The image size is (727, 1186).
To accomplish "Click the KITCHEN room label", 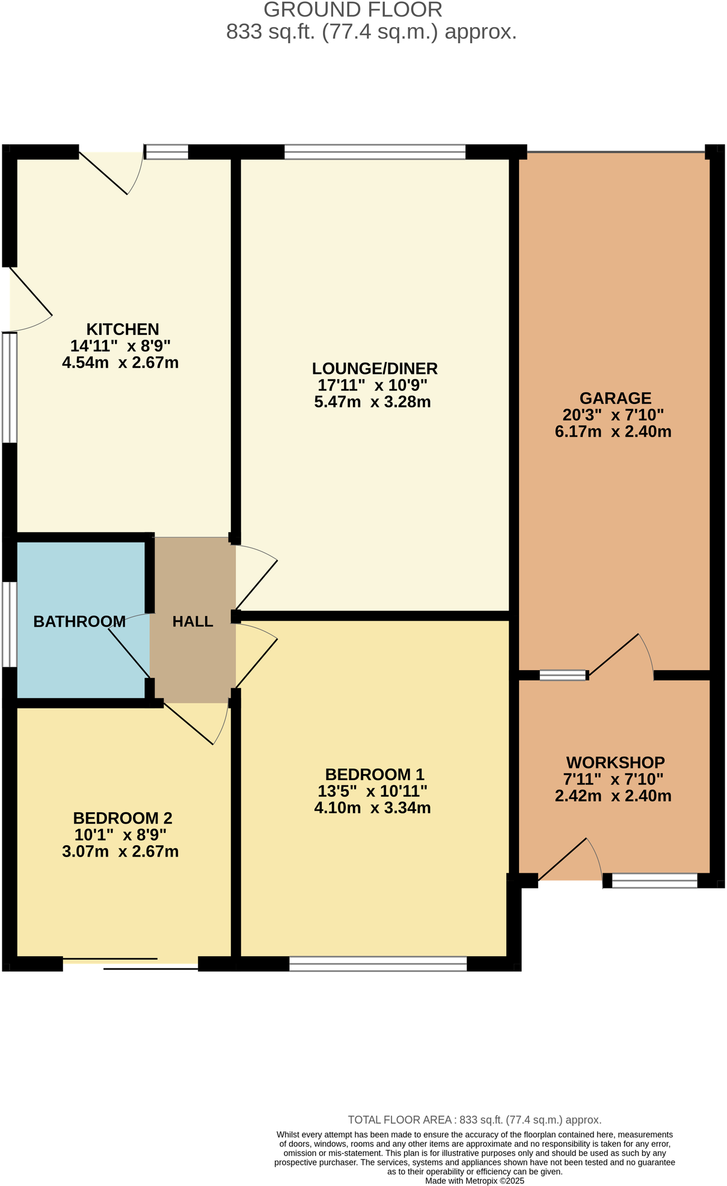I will tap(123, 329).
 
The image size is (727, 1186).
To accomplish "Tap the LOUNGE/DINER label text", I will tap(375, 368).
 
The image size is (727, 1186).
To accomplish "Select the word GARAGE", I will tap(615, 398).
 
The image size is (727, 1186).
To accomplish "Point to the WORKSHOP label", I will tap(615, 763).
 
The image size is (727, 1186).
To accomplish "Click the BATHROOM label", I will tap(79, 622).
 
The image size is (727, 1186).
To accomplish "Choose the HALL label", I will tap(192, 622).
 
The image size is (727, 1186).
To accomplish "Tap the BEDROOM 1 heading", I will tap(375, 774).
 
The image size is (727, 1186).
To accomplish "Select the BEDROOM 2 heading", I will tap(123, 818).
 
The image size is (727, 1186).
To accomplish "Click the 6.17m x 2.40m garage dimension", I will tap(613, 432).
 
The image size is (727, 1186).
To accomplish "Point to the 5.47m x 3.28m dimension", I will tap(372, 402).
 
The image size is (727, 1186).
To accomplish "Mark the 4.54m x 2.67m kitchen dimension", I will tap(120, 363).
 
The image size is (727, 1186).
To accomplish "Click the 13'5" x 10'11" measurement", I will tap(372, 791).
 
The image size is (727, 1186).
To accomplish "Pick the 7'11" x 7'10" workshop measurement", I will tap(613, 780).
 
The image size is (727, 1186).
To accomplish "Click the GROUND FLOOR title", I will tap(353, 10).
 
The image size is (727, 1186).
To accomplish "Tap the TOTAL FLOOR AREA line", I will tap(474, 1120).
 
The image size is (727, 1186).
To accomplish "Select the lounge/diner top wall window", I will tap(375, 152).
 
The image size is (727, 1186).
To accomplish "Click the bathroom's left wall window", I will tap(10, 624).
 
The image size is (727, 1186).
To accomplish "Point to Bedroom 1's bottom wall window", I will tap(378, 964).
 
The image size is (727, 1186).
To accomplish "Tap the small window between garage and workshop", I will tap(563, 675).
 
